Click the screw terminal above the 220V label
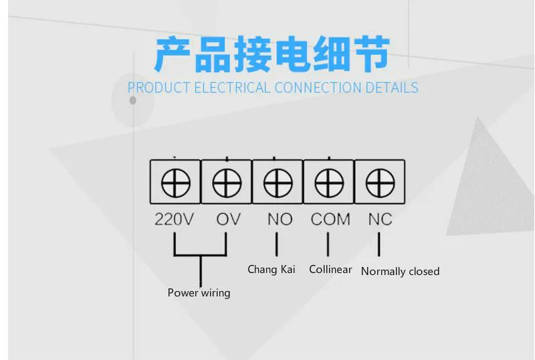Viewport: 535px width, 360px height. pos(176,182)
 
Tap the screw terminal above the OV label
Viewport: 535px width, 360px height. pos(227,182)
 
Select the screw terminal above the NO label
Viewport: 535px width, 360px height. pos(278,182)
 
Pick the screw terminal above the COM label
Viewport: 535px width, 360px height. pos(328,182)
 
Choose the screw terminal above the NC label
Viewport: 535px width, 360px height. pos(379,182)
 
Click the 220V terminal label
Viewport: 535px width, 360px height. pos(174,219)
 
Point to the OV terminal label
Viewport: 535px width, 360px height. pos(228,219)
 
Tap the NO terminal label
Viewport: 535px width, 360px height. pos(280,219)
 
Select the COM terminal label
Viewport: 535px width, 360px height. pos(330,219)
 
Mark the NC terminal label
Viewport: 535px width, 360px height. pos(380,219)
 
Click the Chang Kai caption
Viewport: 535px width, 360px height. pos(271,270)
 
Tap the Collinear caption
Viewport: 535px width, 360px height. pos(330,270)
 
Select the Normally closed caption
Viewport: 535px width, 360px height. pos(400,272)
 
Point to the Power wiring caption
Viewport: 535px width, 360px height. pos(199,293)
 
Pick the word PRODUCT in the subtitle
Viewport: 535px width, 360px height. pos(158,88)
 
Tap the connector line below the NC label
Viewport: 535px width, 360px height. pos(379,245)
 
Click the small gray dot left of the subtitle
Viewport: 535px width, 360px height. pos(132,100)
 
